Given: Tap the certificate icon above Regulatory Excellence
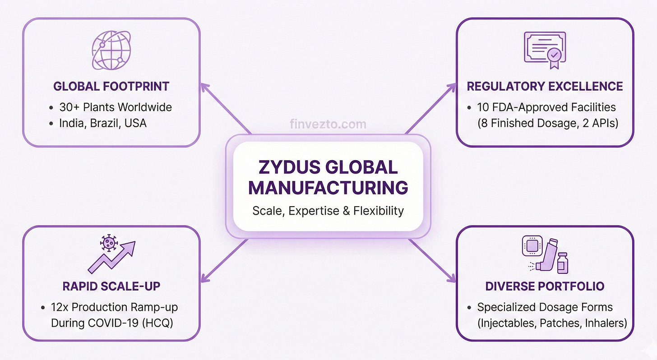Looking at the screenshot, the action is [545, 50].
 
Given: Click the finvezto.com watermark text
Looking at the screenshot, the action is [328, 124].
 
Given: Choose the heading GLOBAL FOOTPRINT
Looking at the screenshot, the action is [111, 86].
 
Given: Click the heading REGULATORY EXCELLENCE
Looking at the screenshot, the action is [545, 86].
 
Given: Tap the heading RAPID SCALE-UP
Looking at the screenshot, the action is [111, 286].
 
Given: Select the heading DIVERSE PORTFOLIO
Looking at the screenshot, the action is [545, 286].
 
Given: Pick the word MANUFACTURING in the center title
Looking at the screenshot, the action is [328, 187].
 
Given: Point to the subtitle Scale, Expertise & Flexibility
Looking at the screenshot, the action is [328, 210].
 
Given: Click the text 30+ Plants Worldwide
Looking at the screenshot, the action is [116, 107].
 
